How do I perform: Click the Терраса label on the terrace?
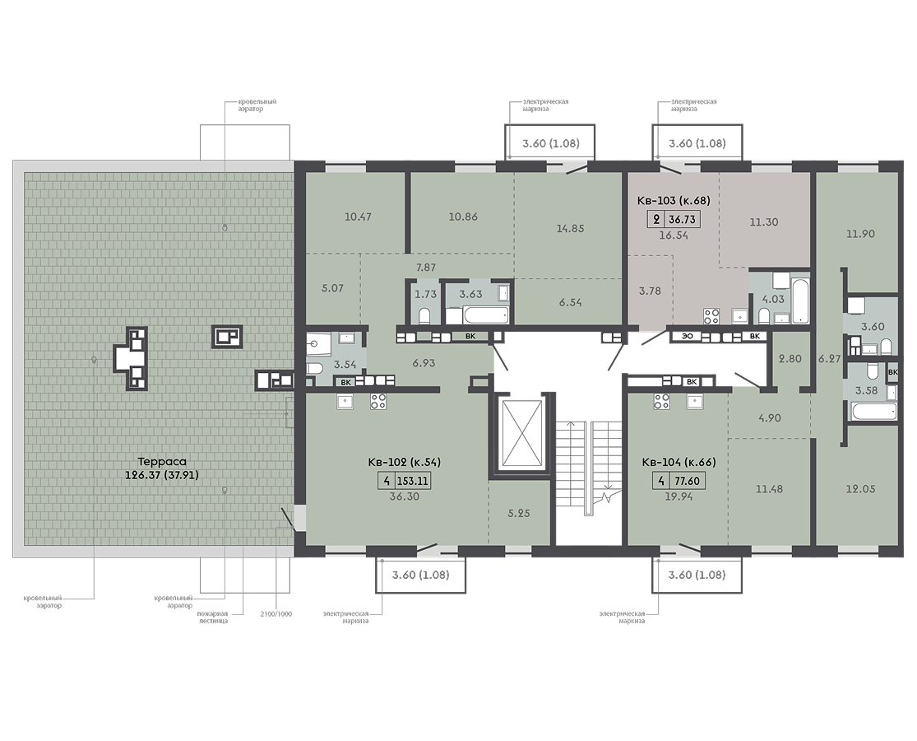(162, 462)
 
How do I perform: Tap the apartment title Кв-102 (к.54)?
(404, 463)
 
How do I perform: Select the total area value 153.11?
(413, 482)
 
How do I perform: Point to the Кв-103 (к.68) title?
(673, 201)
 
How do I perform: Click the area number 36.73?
(683, 220)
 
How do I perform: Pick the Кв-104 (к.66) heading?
(678, 463)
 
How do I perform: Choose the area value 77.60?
(688, 482)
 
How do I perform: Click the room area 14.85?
(570, 229)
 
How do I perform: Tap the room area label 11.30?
(764, 222)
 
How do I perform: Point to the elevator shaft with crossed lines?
(524, 433)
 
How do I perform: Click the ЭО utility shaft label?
(688, 337)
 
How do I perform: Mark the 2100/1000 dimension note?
(276, 614)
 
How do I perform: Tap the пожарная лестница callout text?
(211, 617)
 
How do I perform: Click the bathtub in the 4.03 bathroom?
(799, 301)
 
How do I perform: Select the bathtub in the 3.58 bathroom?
(874, 411)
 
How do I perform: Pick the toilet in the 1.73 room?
(425, 316)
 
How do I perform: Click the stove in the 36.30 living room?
(378, 401)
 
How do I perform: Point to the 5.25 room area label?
(519, 513)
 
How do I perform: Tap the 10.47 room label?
(358, 217)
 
